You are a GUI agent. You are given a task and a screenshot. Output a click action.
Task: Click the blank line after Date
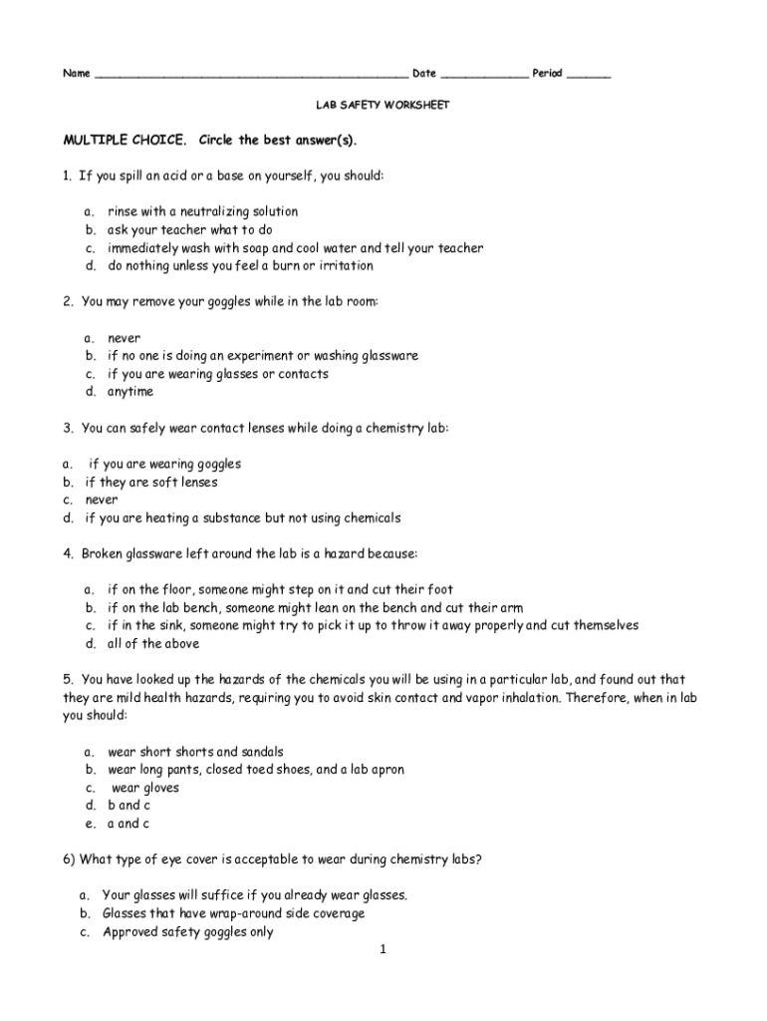[x=484, y=75]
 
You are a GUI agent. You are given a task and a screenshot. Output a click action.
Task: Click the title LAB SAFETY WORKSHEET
[x=383, y=105]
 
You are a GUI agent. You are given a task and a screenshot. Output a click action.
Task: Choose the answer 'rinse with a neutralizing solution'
[x=202, y=211]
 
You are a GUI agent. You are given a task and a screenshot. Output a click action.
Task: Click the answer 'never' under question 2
[x=125, y=338]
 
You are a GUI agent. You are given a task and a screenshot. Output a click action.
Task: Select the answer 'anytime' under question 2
[x=130, y=392]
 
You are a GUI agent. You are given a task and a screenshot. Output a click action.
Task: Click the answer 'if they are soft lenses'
[x=151, y=482]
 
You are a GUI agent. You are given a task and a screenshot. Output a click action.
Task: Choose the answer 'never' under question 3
[x=102, y=500]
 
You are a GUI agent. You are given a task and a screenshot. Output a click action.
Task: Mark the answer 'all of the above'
[x=153, y=643]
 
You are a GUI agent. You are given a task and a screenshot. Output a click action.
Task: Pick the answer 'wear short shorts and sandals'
[x=195, y=752]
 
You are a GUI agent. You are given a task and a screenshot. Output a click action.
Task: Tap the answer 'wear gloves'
[x=145, y=788]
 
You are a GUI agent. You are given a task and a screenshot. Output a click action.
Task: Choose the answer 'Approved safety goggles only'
[x=188, y=932]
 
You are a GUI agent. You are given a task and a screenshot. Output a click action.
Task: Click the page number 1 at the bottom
[x=383, y=949]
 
